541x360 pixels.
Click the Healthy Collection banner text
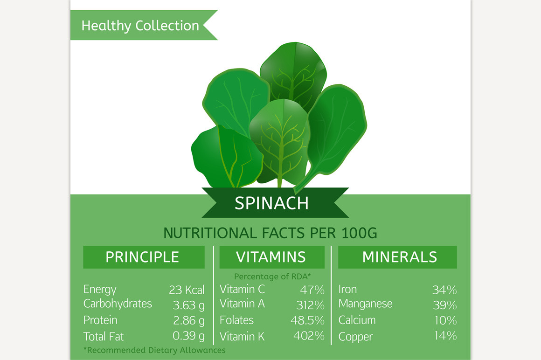(140, 25)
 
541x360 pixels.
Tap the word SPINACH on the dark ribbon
(271, 203)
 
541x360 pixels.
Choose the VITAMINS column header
(271, 257)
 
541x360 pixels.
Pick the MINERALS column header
(400, 257)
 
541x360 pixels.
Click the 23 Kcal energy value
(187, 290)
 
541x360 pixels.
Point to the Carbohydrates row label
(118, 304)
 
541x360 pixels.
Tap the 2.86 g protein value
(188, 320)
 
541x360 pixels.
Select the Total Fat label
(104, 336)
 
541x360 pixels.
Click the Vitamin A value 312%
(310, 305)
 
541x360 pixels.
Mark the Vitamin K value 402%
(309, 336)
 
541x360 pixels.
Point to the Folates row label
(236, 320)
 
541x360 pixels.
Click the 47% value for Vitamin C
(312, 290)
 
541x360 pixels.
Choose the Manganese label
(365, 304)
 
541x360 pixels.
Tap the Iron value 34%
(444, 290)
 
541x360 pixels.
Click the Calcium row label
(357, 320)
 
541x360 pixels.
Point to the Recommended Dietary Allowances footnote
(154, 350)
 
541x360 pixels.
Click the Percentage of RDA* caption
(272, 277)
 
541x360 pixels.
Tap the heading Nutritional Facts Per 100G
(270, 233)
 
